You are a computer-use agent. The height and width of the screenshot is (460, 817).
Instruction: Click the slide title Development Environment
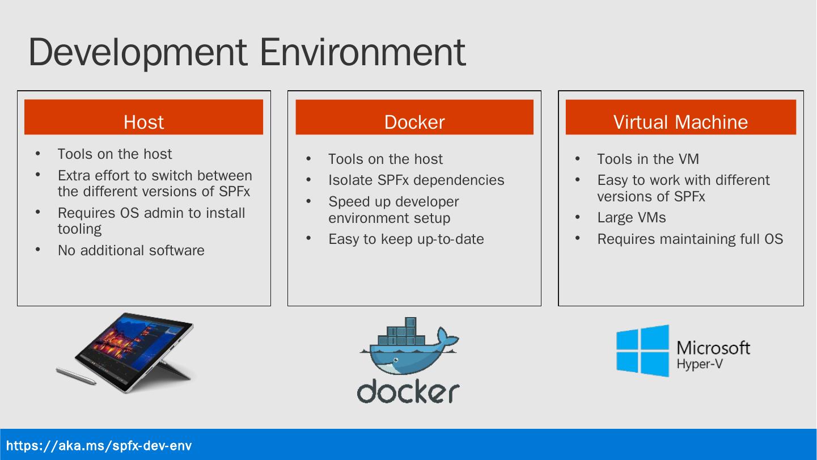(x=247, y=52)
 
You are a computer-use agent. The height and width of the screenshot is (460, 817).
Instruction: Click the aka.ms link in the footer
(x=99, y=445)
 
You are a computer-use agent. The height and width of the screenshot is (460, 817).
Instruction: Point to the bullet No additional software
(x=131, y=251)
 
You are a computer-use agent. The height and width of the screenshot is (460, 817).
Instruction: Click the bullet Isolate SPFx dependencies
(x=416, y=180)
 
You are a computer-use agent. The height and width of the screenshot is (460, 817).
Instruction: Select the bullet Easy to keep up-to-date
(x=406, y=239)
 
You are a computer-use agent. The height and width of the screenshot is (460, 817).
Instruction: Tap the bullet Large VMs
(x=631, y=218)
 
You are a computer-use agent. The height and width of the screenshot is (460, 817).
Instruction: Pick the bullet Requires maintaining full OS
(x=690, y=239)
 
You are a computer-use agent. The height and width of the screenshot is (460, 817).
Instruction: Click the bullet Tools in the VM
(x=647, y=159)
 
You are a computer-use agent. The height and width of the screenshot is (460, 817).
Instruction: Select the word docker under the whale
(x=408, y=391)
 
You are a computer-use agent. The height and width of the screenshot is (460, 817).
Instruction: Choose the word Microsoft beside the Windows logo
(x=713, y=347)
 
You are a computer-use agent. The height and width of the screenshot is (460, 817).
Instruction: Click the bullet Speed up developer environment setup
(x=393, y=210)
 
